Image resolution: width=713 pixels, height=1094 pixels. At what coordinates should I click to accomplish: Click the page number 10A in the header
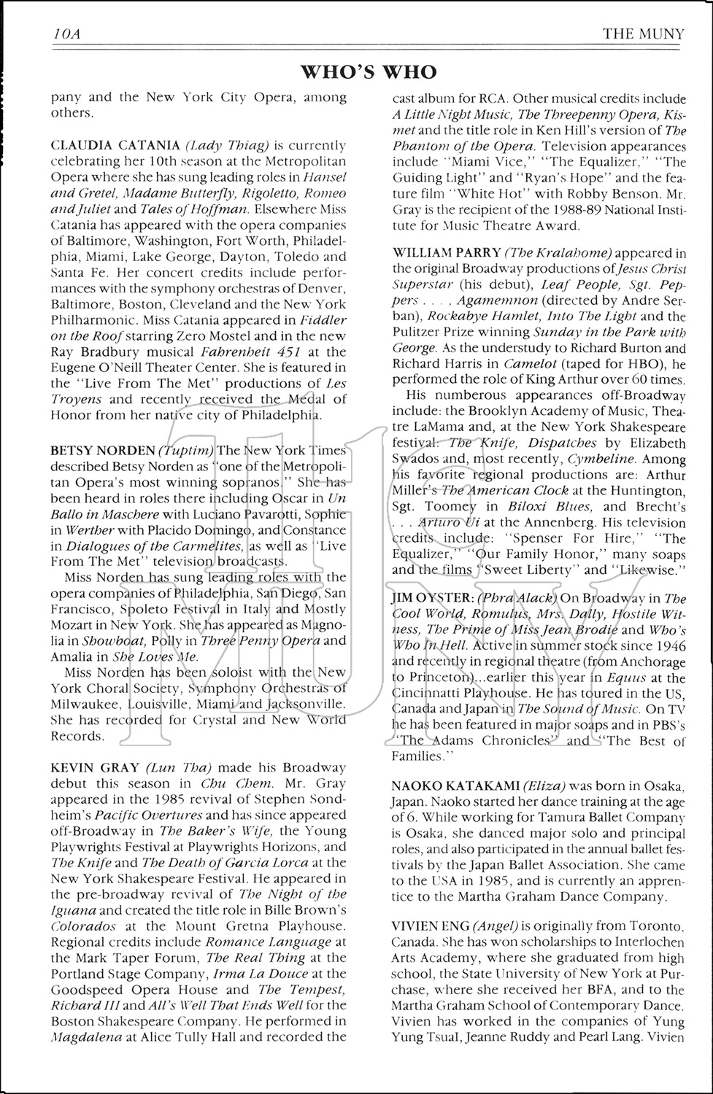(66, 34)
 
